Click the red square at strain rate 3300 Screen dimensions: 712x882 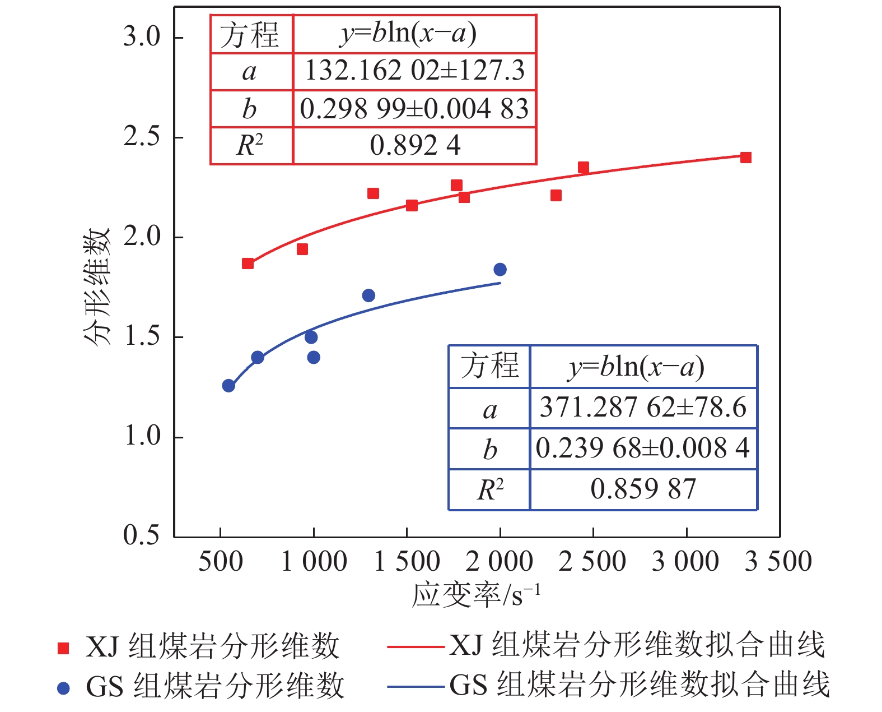pyautogui.click(x=745, y=158)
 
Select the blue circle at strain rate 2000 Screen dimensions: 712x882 pyautogui.click(x=500, y=270)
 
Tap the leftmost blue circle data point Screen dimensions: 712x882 pyautogui.click(x=228, y=386)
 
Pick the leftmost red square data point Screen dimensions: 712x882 pyautogui.click(x=248, y=263)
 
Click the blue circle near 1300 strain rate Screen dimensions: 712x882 pyautogui.click(x=368, y=295)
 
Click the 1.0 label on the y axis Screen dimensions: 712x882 pyautogui.click(x=142, y=436)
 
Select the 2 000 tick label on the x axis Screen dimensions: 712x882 pyautogui.click(x=499, y=562)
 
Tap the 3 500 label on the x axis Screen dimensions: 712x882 pyautogui.click(x=778, y=562)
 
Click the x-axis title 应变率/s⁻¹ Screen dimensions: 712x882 pyautogui.click(x=476, y=595)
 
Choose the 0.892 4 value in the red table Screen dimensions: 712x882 pyautogui.click(x=415, y=146)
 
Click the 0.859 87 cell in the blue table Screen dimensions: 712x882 pyautogui.click(x=643, y=489)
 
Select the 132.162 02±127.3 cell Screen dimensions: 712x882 pyautogui.click(x=415, y=71)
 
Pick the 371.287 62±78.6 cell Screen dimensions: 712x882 pyautogui.click(x=643, y=408)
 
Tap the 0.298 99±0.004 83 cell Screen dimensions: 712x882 pyautogui.click(x=415, y=109)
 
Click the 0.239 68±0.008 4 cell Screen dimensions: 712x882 pyautogui.click(x=643, y=449)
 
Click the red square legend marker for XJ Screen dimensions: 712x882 pyautogui.click(x=63, y=648)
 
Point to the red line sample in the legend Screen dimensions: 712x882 pyautogui.click(x=415, y=646)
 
